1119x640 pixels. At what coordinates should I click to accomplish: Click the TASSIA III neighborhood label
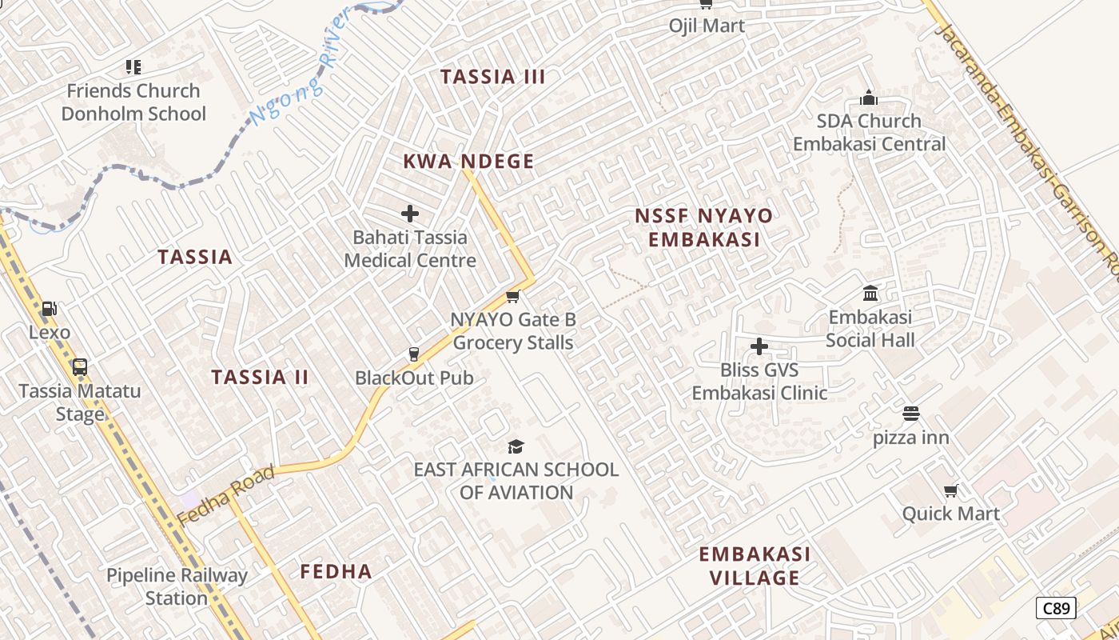coord(492,77)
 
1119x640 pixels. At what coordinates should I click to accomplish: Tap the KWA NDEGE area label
coord(468,162)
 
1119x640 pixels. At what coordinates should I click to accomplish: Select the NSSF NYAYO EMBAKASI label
coord(703,228)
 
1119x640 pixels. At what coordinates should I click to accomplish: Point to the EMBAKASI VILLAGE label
coord(755,566)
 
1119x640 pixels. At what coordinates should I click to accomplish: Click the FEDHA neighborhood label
coord(336,571)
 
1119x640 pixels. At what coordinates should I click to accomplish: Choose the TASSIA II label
coord(260,378)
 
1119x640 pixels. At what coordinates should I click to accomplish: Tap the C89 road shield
coord(1056,608)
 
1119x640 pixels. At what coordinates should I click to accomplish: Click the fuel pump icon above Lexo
coord(49,308)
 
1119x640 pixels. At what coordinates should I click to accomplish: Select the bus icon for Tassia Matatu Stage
coord(79,367)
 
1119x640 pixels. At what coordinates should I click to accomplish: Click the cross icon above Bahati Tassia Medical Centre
coord(410,214)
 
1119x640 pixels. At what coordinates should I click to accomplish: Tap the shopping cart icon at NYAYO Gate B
coord(513,297)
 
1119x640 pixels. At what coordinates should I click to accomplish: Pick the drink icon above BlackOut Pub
coord(414,354)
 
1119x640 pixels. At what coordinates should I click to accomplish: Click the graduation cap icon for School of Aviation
coord(516,446)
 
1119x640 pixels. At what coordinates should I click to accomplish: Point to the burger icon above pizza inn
coord(910,414)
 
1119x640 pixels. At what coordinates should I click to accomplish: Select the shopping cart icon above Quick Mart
coord(950,490)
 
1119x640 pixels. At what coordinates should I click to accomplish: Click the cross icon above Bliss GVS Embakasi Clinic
coord(759,346)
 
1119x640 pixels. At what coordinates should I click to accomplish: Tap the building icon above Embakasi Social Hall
coord(870,293)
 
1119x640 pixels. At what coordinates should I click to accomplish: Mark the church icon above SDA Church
coord(869,98)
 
